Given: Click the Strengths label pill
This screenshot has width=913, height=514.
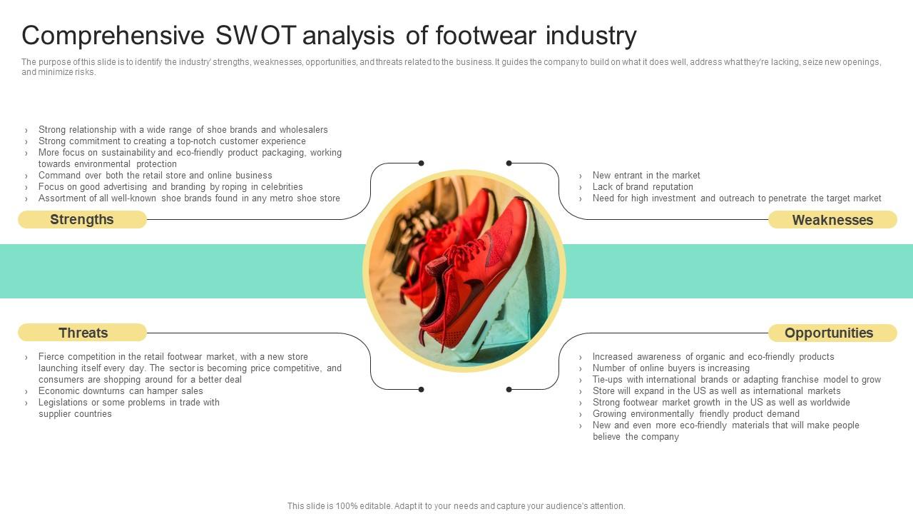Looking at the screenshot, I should [x=82, y=220].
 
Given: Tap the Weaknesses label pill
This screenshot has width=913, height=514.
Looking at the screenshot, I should [x=832, y=221].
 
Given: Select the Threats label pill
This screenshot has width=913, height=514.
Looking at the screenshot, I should [x=83, y=333].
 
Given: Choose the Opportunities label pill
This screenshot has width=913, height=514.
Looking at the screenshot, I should [x=829, y=333].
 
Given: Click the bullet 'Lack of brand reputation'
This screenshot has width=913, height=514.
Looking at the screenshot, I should [x=643, y=187].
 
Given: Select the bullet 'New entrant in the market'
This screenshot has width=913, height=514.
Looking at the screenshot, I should [x=646, y=176].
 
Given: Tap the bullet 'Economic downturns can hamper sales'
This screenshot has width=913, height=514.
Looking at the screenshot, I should [x=121, y=391].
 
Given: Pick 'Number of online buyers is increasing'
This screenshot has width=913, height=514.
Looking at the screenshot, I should [x=670, y=368].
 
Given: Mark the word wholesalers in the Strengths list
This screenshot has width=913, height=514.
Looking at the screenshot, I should [x=303, y=130].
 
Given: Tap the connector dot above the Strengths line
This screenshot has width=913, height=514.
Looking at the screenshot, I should [x=421, y=163].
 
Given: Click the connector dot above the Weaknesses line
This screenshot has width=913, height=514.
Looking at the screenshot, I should [x=509, y=163].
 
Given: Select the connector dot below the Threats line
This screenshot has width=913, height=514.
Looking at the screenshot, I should [x=421, y=390].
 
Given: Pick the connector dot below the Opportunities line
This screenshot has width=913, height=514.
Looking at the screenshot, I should [x=509, y=390].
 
